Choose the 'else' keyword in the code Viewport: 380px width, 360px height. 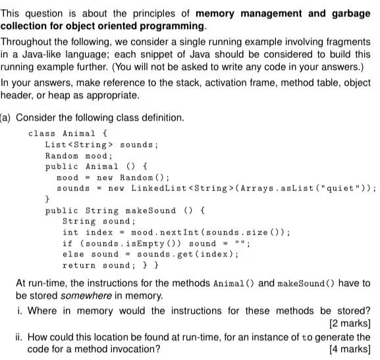(x=73, y=254)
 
